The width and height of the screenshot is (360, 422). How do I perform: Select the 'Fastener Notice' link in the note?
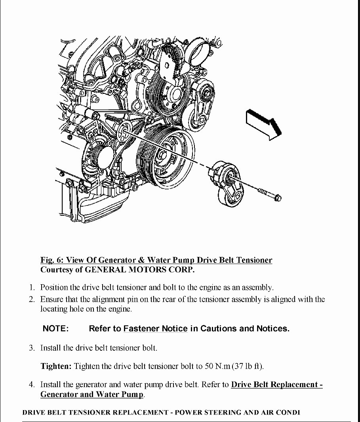click(155, 329)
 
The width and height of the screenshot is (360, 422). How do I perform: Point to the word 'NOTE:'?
click(55, 329)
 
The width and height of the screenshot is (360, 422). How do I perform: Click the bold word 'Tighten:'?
click(56, 366)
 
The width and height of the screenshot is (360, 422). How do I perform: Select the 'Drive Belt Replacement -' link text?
click(276, 384)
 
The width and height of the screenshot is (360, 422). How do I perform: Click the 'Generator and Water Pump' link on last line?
click(92, 394)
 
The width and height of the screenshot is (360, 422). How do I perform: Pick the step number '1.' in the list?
click(32, 287)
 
